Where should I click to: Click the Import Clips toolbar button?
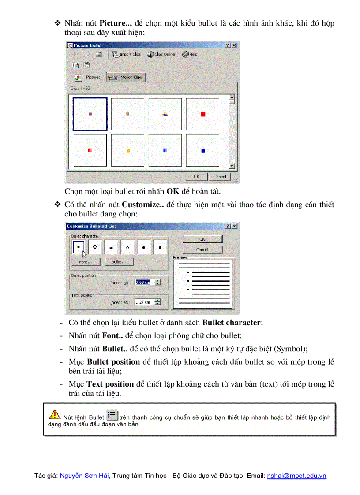click(126, 54)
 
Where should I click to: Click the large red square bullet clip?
click(203, 114)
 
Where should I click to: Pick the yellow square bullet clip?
click(128, 151)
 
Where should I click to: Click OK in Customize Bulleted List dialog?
click(202, 239)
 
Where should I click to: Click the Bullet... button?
click(119, 262)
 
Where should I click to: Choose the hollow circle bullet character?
click(127, 248)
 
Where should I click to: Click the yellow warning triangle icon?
click(55, 414)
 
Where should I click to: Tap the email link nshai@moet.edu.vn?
click(296, 476)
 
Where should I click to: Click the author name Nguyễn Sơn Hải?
click(84, 476)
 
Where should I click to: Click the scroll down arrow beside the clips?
click(232, 166)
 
